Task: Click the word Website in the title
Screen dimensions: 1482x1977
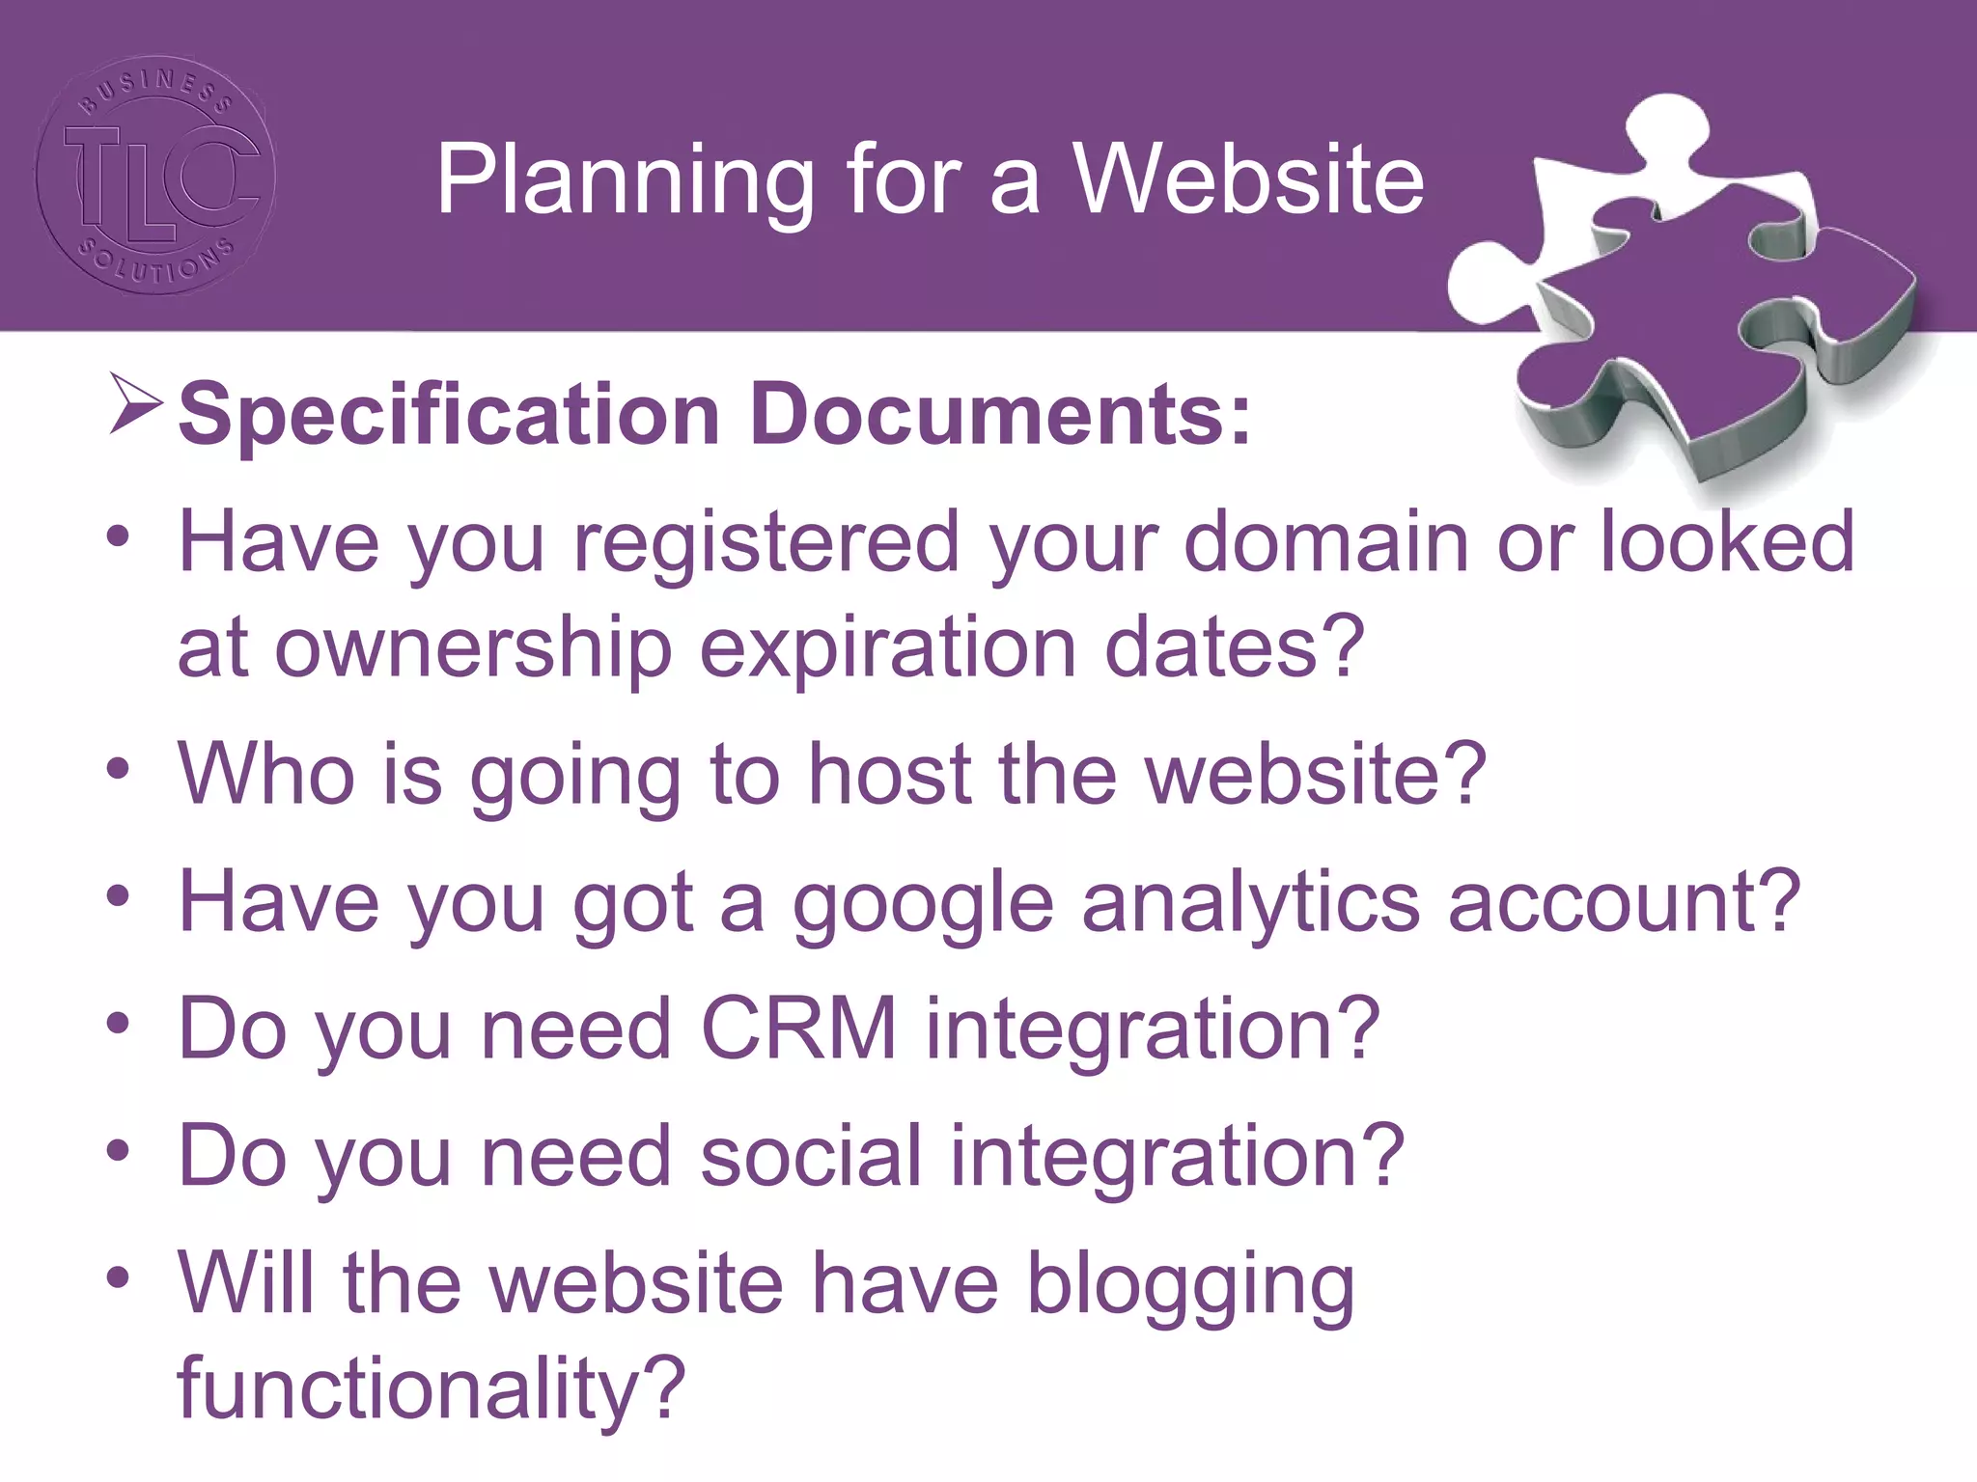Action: (1249, 179)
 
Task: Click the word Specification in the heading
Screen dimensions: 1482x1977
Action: (450, 415)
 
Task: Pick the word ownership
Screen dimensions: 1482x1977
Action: (473, 648)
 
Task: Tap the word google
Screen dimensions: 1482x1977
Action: (923, 903)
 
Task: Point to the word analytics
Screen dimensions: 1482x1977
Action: (1251, 903)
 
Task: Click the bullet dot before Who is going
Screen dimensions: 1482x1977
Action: (118, 770)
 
